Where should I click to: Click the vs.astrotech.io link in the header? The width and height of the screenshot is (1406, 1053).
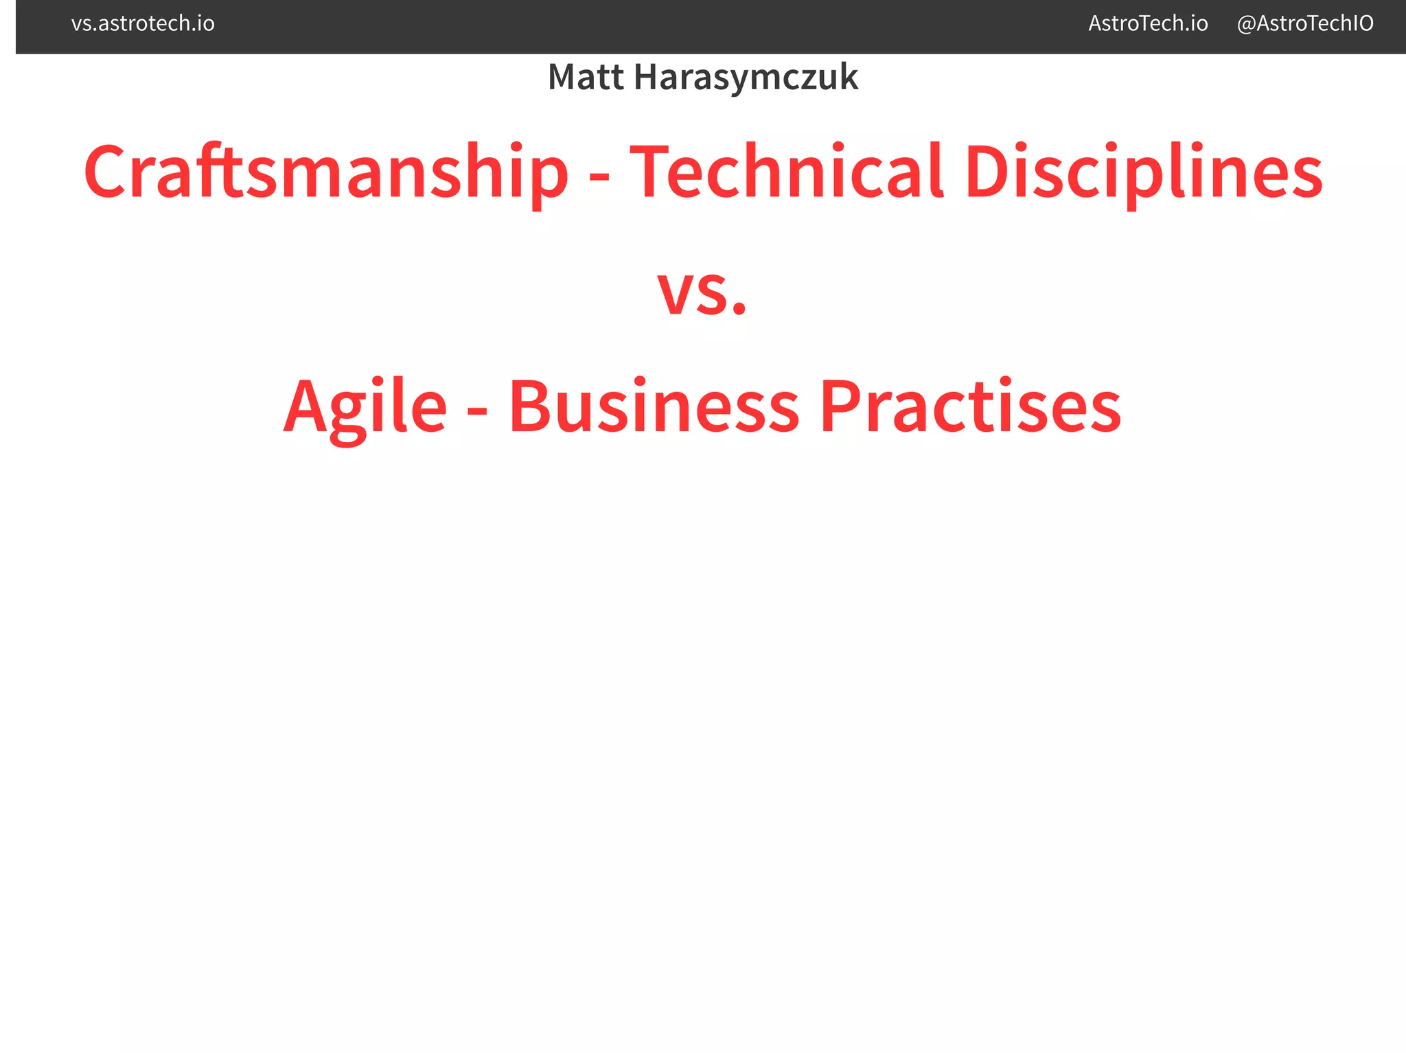tap(143, 24)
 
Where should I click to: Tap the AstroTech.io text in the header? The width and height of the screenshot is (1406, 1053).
tap(1148, 24)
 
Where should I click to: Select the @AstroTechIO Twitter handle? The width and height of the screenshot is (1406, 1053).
tap(1304, 24)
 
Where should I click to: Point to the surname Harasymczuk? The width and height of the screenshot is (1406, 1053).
tap(746, 77)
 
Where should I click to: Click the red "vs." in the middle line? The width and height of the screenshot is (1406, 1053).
tap(702, 292)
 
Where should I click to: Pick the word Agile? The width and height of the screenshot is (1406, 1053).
tap(365, 407)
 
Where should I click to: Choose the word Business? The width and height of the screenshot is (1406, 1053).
tap(654, 407)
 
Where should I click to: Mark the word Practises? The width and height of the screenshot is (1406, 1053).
tap(970, 407)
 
